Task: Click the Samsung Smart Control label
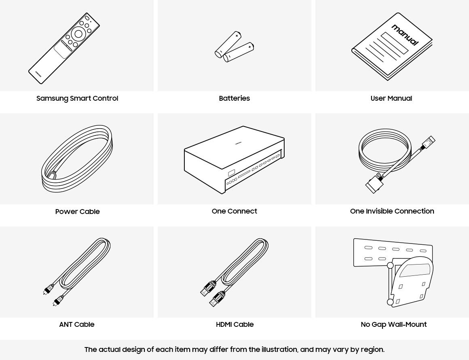[77, 98]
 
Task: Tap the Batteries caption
[234, 98]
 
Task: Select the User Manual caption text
[391, 98]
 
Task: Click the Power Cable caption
[77, 212]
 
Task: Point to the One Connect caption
[234, 211]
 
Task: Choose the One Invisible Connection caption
[392, 211]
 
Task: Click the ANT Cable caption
[76, 324]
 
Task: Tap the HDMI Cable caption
[234, 324]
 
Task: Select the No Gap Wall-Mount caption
[393, 324]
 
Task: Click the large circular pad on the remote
[78, 34]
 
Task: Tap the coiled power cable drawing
[77, 160]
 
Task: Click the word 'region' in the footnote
[372, 349]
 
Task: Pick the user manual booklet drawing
[391, 47]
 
